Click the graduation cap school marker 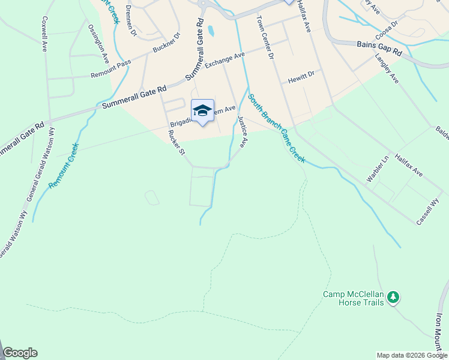(202, 110)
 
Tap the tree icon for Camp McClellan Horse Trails (393, 297)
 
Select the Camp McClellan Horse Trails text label (353, 298)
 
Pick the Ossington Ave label (98, 44)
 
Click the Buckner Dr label (166, 43)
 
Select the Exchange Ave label (225, 60)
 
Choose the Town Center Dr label (265, 37)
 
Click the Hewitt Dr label (301, 76)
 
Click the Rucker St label (177, 142)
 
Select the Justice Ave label (242, 132)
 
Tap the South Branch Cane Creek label (277, 128)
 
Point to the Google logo (20, 353)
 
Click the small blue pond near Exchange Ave (211, 30)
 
